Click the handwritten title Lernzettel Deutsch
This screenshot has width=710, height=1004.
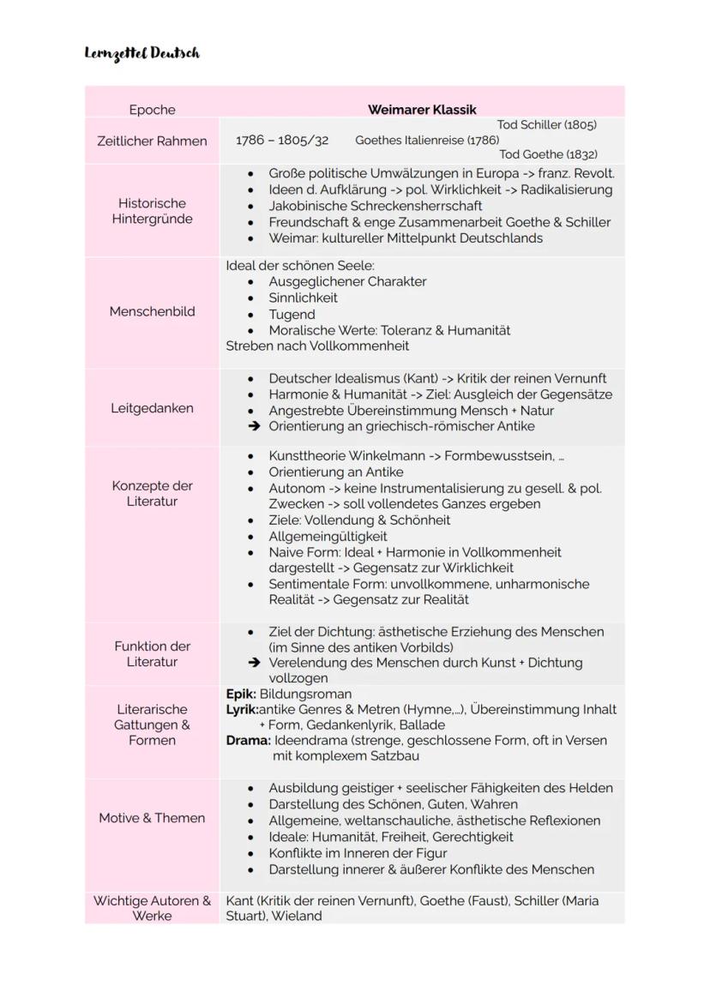tap(142, 53)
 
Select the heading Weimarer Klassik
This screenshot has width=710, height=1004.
tap(422, 109)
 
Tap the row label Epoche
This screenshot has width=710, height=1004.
tap(152, 110)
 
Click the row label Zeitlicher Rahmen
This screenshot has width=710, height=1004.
tap(152, 141)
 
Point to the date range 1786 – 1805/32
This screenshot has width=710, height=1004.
tap(282, 140)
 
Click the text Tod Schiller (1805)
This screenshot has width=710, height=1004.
tap(547, 125)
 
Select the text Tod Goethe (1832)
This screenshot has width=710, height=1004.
tap(548, 154)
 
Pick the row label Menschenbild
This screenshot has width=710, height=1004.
tap(152, 311)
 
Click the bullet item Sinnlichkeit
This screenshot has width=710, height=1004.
tap(303, 298)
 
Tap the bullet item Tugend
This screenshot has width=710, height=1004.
tap(292, 314)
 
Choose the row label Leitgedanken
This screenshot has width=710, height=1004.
tap(152, 408)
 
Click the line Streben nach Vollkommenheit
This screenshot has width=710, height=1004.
tap(317, 346)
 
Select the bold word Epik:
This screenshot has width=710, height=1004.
tap(241, 694)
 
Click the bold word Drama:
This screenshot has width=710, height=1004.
tap(248, 741)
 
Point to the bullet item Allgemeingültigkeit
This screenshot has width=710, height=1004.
tap(328, 536)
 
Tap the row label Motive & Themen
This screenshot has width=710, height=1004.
tap(152, 818)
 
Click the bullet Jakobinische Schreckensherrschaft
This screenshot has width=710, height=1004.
tap(375, 206)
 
